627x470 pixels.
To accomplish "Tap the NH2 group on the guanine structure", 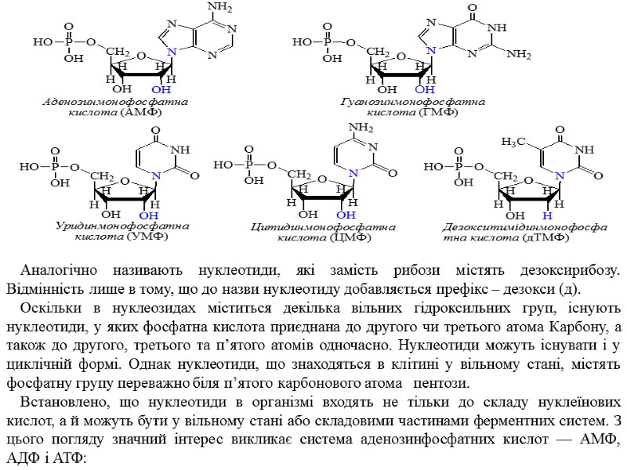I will coord(519,55).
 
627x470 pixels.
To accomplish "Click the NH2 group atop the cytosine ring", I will coord(361,128).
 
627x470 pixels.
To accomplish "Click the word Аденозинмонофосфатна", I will coord(115,103).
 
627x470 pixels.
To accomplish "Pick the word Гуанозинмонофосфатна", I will coord(413,103).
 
